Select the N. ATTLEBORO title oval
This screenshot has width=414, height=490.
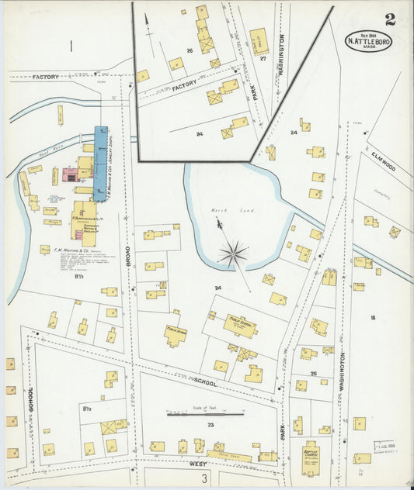(369, 41)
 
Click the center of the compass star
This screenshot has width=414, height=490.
(232, 252)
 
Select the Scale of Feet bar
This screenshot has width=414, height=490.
(206, 415)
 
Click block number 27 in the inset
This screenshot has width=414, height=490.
(263, 58)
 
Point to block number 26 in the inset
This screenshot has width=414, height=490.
(189, 51)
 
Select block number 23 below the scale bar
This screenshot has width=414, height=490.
(210, 425)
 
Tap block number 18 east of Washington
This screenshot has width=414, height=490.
(373, 318)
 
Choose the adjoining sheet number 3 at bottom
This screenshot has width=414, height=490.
(206, 480)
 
